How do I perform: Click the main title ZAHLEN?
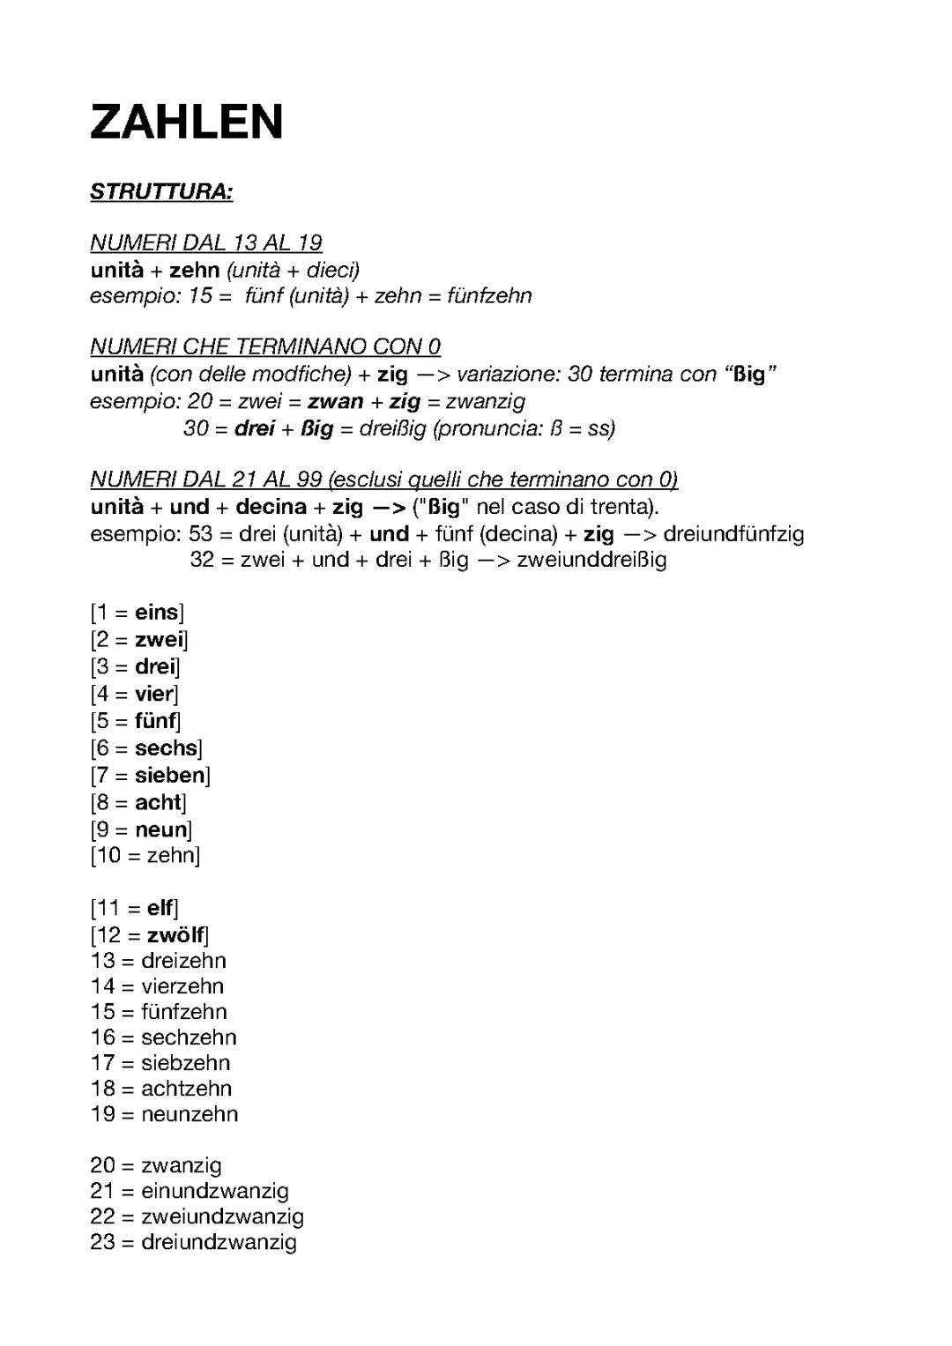[187, 123]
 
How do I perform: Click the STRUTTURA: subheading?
[161, 192]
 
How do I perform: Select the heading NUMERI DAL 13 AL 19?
[206, 242]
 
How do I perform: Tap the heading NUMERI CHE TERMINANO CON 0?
[265, 346]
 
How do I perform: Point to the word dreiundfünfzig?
[733, 534]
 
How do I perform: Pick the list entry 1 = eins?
[137, 613]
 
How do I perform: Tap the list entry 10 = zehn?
[145, 855]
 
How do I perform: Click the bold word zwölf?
[175, 935]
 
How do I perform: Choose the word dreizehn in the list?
[183, 961]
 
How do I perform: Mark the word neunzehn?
[190, 1114]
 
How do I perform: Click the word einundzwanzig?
[215, 1192]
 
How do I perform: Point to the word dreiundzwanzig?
[219, 1243]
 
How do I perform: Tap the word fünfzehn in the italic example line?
[489, 296]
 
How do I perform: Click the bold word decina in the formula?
[271, 508]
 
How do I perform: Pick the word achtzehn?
[186, 1089]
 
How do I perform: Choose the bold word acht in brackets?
[158, 803]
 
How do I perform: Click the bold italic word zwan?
[335, 402]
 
